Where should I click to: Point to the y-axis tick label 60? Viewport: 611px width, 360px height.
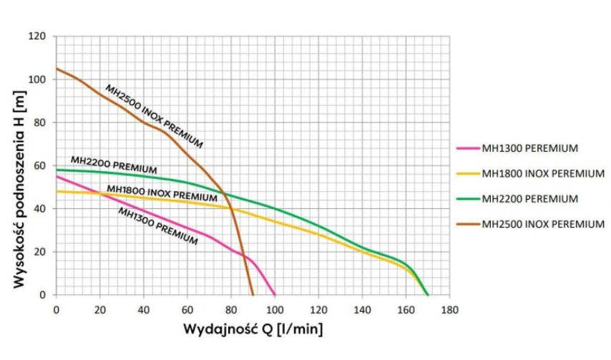tap(40, 165)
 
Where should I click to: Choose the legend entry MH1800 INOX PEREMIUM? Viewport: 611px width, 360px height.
tap(543, 173)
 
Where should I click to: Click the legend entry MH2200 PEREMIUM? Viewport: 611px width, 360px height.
tap(529, 198)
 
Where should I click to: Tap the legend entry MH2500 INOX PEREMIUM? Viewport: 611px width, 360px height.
tap(543, 224)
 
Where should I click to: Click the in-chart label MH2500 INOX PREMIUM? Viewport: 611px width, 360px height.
tap(154, 117)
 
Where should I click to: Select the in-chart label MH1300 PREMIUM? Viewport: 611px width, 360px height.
tap(157, 226)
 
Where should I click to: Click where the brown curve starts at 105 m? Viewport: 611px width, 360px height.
tap(57, 69)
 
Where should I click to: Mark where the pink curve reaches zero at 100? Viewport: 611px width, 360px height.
tap(275, 295)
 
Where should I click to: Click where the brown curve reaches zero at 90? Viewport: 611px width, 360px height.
tap(253, 295)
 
